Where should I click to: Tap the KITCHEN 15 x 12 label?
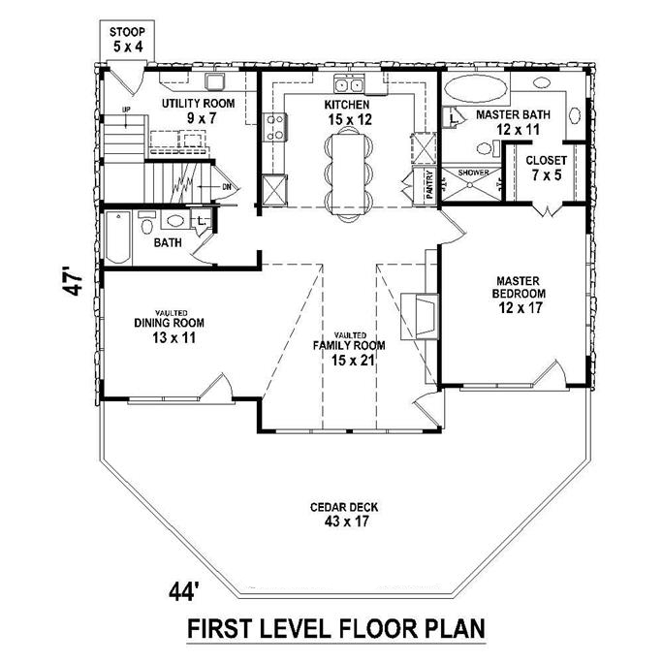click(x=349, y=110)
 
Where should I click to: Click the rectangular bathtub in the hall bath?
click(x=118, y=236)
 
